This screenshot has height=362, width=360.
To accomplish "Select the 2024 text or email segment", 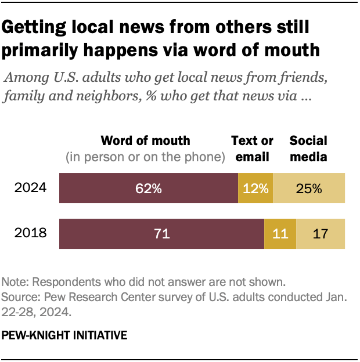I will click(x=255, y=188).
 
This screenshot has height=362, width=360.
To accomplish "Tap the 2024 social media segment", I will click(x=309, y=188).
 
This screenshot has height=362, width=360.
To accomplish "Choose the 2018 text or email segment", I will click(x=280, y=234).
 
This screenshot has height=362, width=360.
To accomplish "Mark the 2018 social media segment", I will click(x=321, y=234).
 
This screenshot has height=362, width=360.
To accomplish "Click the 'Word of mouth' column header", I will click(x=145, y=141).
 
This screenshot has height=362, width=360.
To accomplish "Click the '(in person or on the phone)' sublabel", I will click(x=145, y=157).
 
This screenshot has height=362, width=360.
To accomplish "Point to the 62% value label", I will click(x=149, y=188).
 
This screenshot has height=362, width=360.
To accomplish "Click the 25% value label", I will click(x=309, y=188).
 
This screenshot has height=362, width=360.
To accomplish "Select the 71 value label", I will click(x=161, y=234).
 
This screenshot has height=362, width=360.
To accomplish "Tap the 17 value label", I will click(x=321, y=234).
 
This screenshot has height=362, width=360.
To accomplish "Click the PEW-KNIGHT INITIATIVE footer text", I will click(x=64, y=335).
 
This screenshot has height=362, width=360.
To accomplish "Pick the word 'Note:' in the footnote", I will click(x=16, y=283).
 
